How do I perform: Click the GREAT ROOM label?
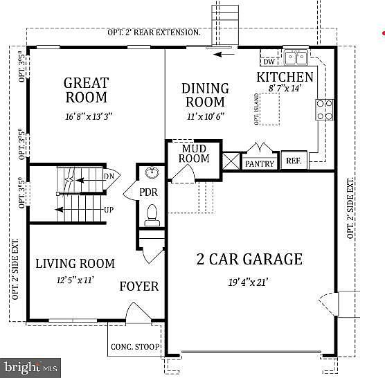(x=86, y=90)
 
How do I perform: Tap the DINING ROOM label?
(x=205, y=96)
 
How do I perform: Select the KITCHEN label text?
(x=285, y=77)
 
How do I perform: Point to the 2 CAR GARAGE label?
(x=249, y=260)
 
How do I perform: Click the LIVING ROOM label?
(x=75, y=264)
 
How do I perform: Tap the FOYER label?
(x=138, y=287)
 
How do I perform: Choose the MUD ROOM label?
(x=195, y=154)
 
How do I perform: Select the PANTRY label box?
(x=260, y=163)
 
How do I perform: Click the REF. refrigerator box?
(x=294, y=160)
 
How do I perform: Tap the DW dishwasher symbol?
(x=269, y=60)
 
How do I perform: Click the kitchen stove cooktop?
(x=324, y=109)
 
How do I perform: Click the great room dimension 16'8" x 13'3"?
(x=86, y=118)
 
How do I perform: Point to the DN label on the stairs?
(x=108, y=177)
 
